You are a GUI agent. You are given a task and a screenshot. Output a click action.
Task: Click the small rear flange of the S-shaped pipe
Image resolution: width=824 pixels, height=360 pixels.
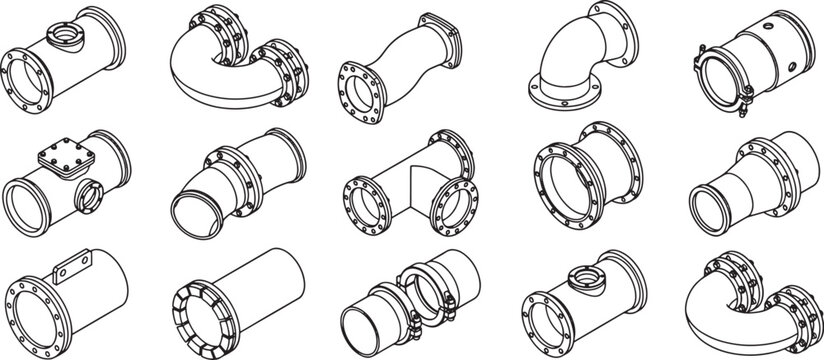[441, 36]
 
